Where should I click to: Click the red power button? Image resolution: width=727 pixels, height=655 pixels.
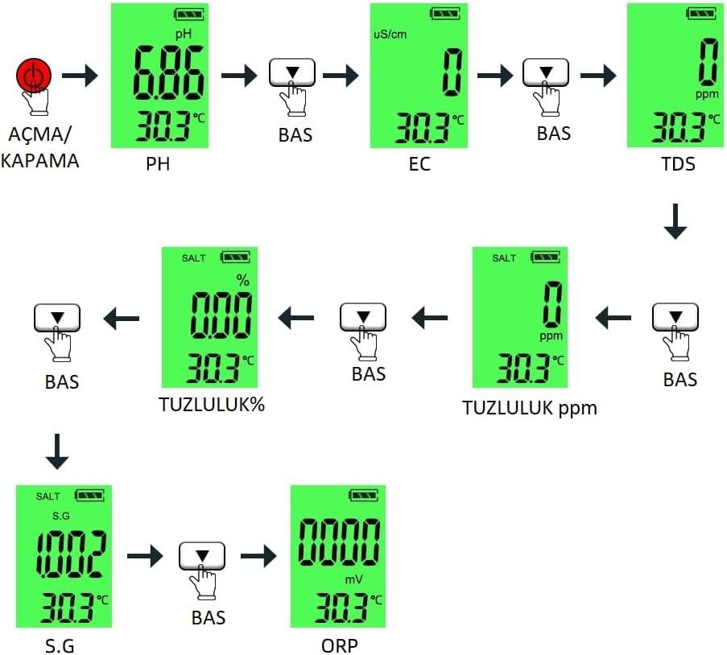(33, 75)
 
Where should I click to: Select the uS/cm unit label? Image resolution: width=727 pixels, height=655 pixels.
(390, 34)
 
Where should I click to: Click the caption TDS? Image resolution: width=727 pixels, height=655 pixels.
(678, 163)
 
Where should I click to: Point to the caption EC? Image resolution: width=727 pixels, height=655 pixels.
(419, 163)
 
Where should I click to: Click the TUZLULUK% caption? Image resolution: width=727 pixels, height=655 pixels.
(212, 404)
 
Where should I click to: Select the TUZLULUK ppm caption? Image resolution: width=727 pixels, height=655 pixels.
(530, 408)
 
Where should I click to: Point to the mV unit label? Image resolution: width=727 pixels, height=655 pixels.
(353, 579)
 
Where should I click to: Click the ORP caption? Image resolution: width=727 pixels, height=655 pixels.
(340, 645)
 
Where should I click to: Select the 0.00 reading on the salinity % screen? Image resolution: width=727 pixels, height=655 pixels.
(221, 315)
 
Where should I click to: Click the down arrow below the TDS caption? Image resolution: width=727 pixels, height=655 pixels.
(675, 221)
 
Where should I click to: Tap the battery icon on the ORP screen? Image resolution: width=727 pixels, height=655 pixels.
(364, 496)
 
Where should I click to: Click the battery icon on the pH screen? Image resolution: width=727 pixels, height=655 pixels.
(188, 14)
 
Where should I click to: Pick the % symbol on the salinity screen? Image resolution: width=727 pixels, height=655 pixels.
(243, 280)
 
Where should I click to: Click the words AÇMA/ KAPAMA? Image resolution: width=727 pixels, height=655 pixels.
(40, 147)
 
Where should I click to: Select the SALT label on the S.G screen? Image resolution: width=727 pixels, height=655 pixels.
(48, 496)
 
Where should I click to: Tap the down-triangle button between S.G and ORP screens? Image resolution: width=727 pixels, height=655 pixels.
(202, 556)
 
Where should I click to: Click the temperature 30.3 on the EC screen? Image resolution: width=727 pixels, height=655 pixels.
(422, 128)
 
